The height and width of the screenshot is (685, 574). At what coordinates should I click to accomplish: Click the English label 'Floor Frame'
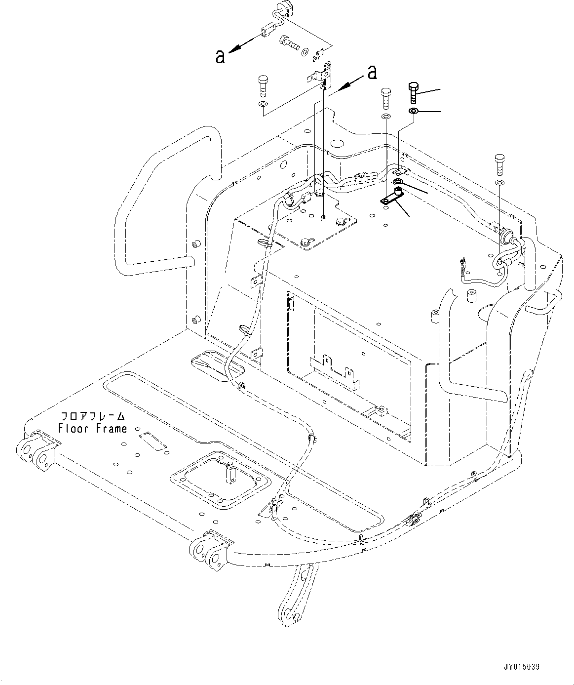click(x=92, y=429)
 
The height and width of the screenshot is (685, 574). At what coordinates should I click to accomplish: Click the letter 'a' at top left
click(x=220, y=56)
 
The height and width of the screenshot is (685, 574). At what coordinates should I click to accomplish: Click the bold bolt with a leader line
click(x=413, y=92)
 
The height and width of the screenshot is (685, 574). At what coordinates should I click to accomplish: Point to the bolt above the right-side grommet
click(x=499, y=165)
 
